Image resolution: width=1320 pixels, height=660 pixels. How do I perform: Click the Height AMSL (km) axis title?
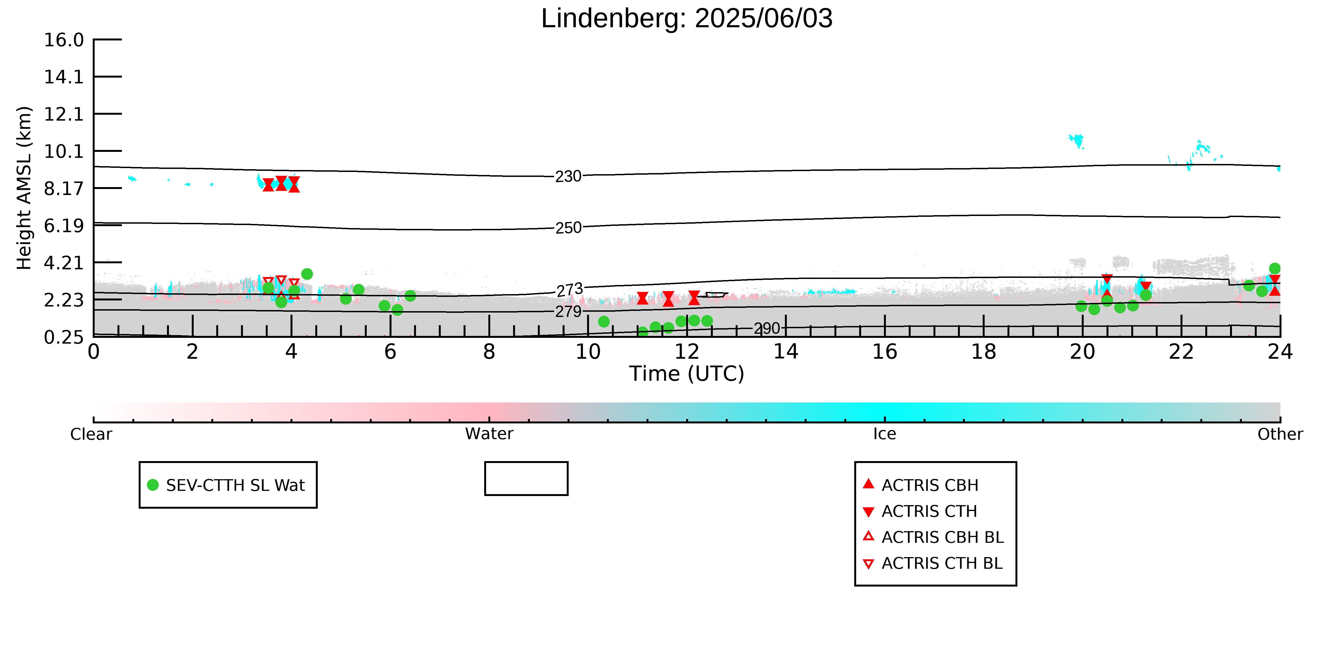click(24, 188)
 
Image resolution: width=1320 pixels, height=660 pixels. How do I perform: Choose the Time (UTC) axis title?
click(687, 374)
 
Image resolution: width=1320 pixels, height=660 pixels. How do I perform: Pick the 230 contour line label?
click(568, 176)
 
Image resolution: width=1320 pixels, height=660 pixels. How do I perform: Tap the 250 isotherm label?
click(568, 228)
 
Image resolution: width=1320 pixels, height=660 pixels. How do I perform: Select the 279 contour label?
click(568, 311)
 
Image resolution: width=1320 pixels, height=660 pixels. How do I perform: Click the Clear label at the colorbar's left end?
click(91, 434)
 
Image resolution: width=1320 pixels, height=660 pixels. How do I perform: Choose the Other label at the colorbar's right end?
click(1280, 434)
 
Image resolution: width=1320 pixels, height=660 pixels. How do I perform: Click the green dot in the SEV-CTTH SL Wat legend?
click(153, 485)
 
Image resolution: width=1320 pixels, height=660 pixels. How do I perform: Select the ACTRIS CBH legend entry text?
click(930, 485)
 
